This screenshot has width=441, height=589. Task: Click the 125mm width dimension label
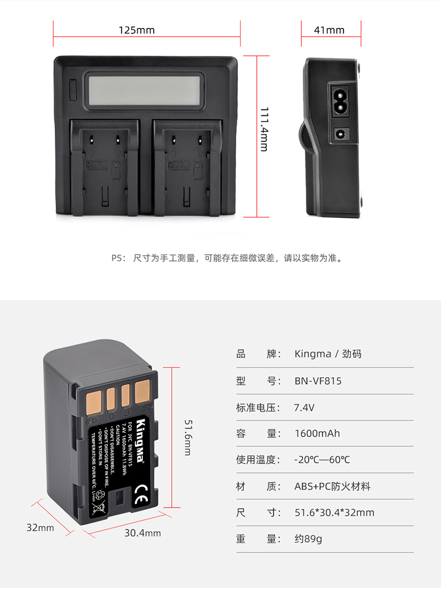coord(136,30)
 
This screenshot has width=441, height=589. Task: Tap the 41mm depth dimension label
coord(329,30)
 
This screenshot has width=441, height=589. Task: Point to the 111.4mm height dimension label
coord(263,130)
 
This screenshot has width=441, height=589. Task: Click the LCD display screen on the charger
coord(143,92)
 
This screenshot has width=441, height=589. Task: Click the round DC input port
coord(340,134)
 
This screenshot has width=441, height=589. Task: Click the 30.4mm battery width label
coord(142,533)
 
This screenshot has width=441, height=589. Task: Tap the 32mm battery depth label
coord(40,527)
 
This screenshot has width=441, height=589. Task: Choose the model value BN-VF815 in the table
coord(318,381)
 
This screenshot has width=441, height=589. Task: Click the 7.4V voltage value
coord(304,408)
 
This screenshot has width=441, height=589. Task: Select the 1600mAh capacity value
coord(317,434)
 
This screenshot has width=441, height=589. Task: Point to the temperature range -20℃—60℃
coord(322,460)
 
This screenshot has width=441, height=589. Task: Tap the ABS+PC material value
coord(332,486)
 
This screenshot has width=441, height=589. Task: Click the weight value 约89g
coord(308,539)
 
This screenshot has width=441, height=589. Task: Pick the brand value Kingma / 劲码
coord(328,354)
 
